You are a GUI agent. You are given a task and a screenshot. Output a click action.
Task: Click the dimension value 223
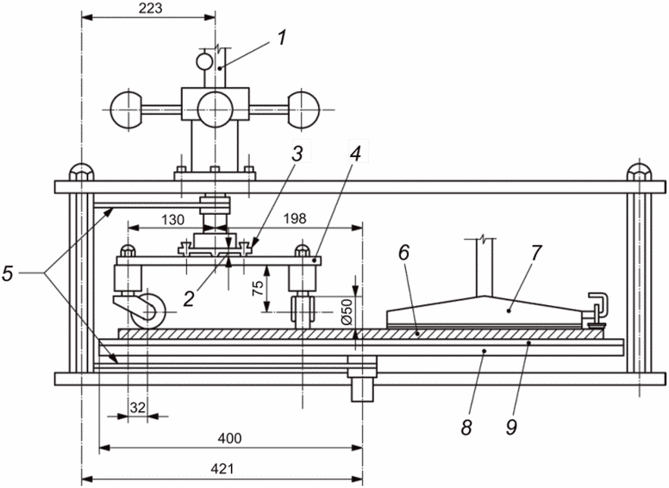[151, 8]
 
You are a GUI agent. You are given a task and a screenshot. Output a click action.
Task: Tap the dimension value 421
[222, 469]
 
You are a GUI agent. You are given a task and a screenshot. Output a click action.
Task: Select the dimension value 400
[229, 438]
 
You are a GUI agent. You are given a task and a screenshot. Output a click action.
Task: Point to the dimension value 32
[138, 408]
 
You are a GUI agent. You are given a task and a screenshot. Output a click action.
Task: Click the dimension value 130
[172, 220]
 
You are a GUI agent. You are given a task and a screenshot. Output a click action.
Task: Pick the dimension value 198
[295, 218]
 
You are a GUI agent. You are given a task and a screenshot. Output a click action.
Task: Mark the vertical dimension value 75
[257, 288]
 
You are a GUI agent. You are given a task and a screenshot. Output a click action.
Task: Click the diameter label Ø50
[347, 310]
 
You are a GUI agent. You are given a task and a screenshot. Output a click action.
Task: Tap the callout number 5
[8, 273]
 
